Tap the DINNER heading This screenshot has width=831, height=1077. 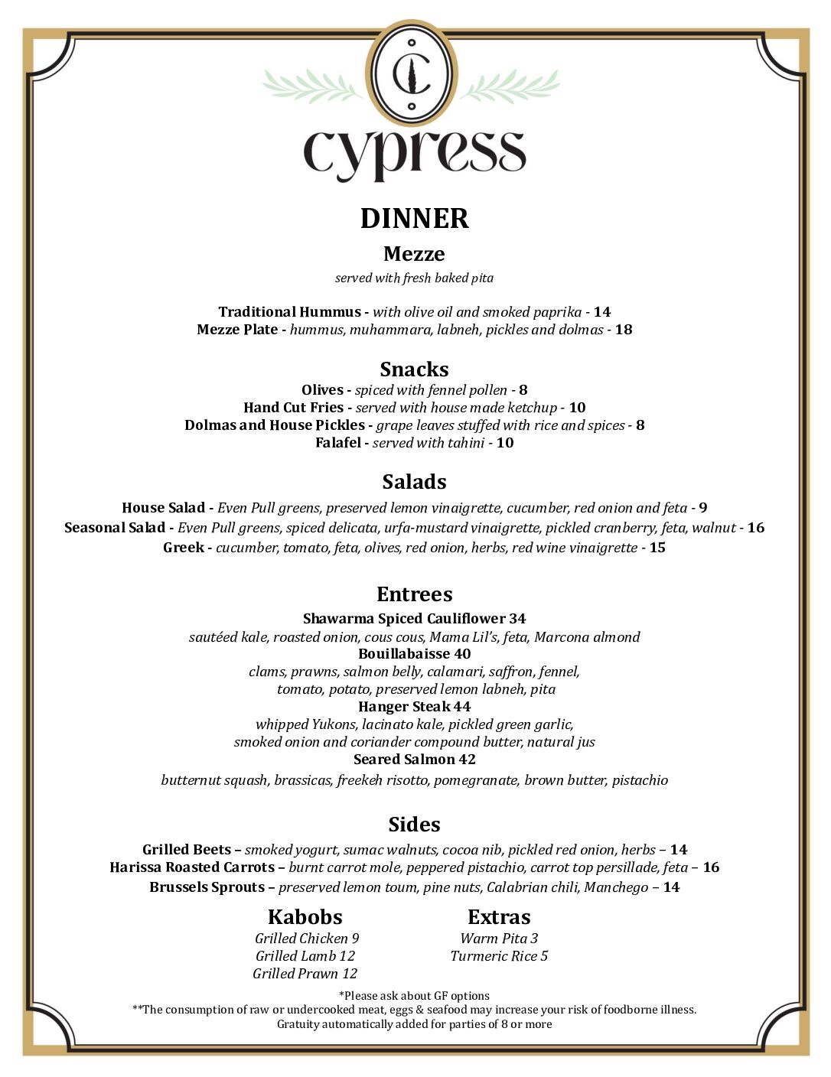(x=414, y=219)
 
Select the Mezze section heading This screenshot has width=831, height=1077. (x=414, y=254)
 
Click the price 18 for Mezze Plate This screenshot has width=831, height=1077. (x=624, y=330)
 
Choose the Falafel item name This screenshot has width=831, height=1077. (x=337, y=443)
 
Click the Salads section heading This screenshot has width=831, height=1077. (x=414, y=482)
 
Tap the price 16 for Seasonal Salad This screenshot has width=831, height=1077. (x=756, y=528)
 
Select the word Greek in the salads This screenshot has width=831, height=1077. (x=184, y=548)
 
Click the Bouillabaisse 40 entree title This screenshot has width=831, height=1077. (x=414, y=654)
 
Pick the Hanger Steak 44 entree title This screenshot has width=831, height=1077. (x=414, y=707)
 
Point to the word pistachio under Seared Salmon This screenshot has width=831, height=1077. (x=640, y=780)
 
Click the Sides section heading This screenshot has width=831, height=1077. (x=414, y=825)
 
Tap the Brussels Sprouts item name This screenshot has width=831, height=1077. (x=207, y=887)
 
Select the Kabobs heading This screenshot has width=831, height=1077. (x=305, y=917)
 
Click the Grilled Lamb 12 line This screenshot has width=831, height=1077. (x=305, y=956)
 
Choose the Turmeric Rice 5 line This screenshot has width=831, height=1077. (x=499, y=956)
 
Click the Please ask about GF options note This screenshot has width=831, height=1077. (x=414, y=996)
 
